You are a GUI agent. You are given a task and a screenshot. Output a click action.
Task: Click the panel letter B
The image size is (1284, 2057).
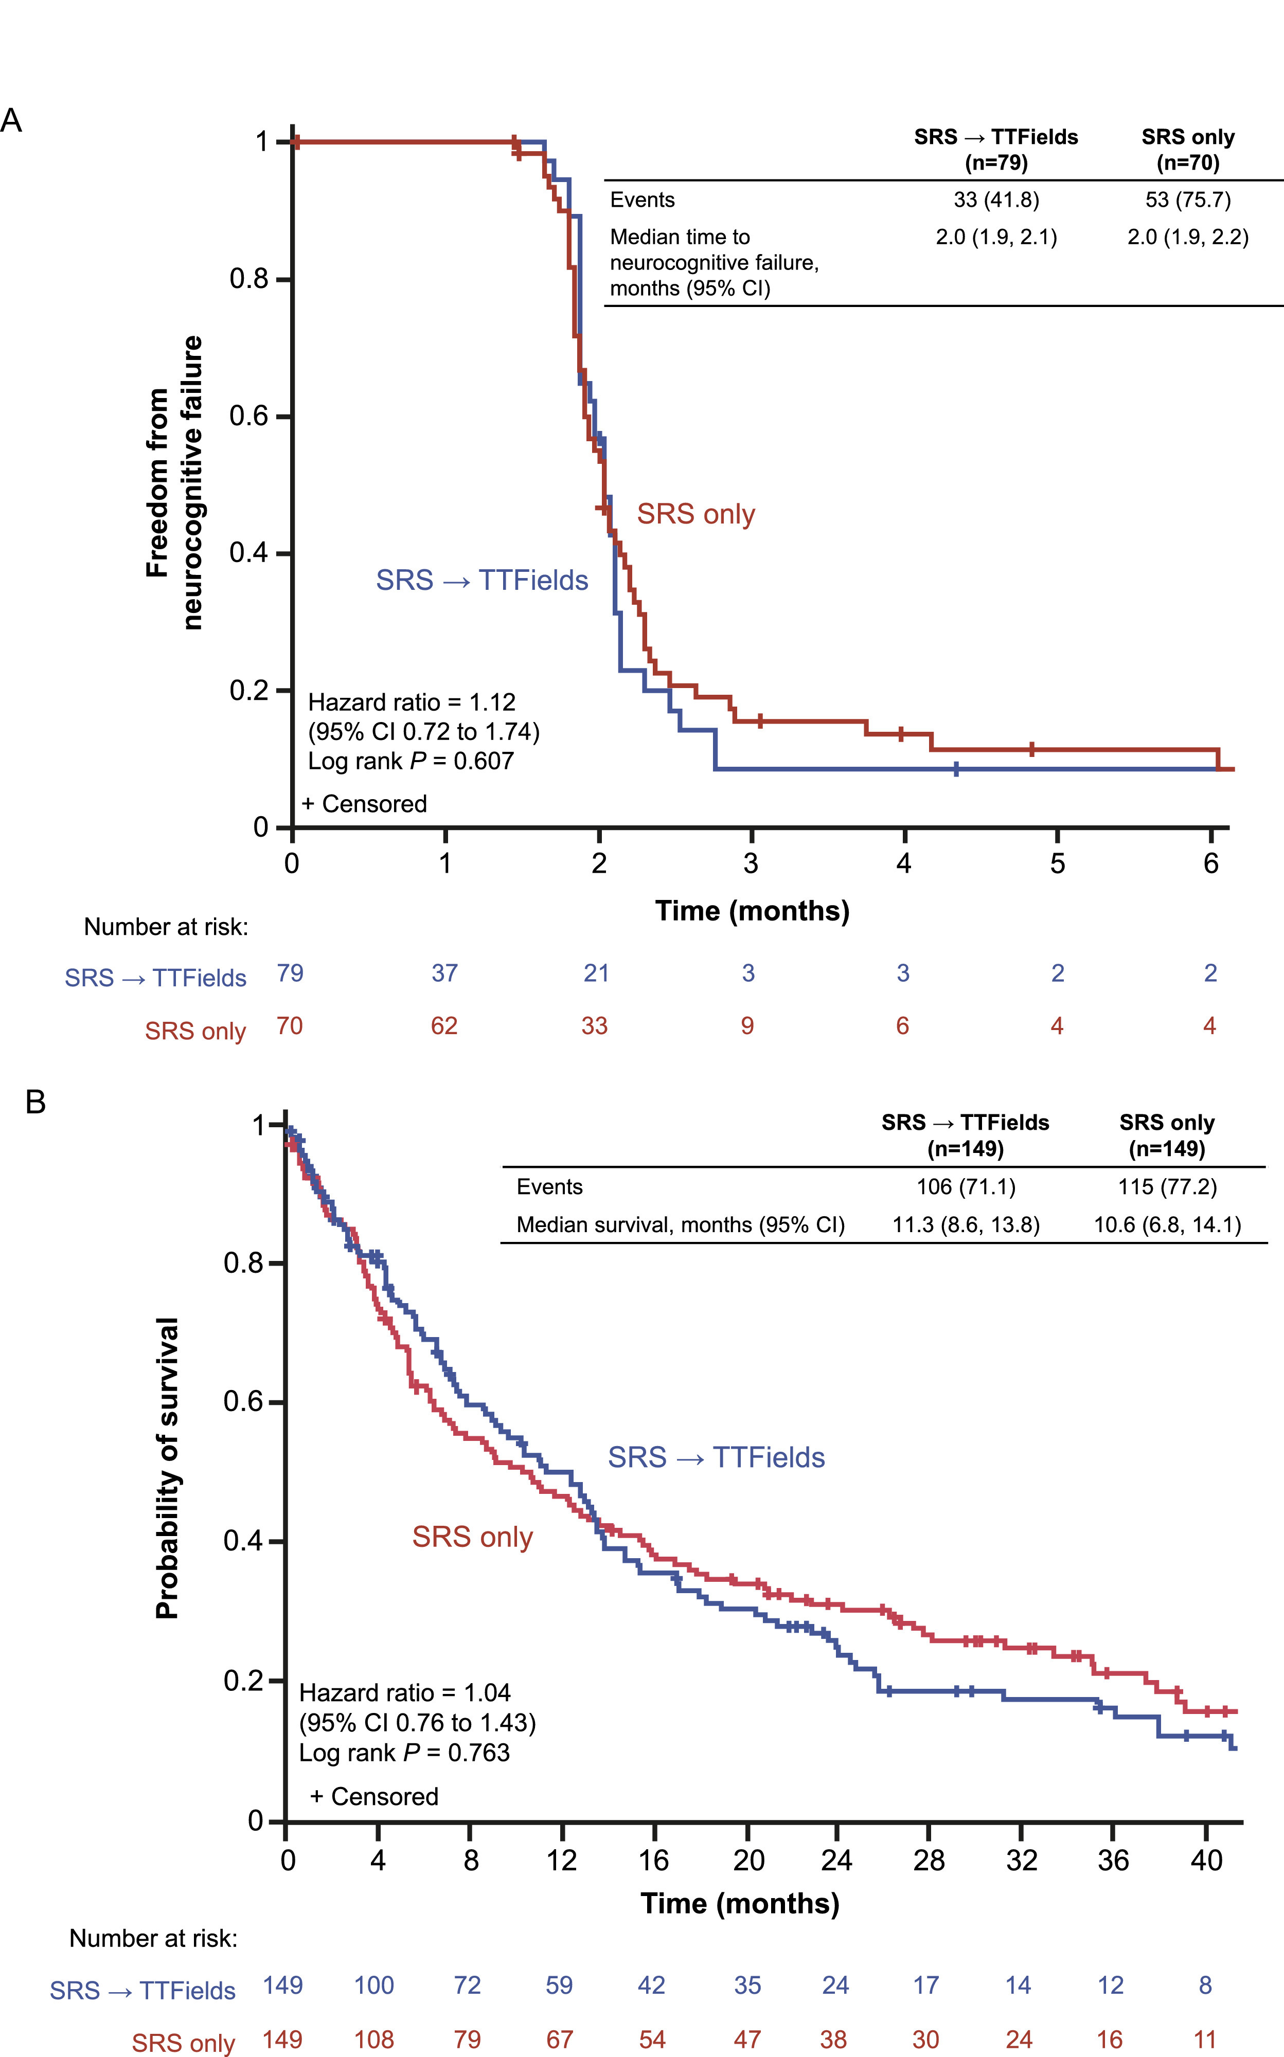click(x=35, y=1102)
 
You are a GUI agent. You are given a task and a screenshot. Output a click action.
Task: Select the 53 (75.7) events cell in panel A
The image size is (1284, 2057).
click(x=1187, y=200)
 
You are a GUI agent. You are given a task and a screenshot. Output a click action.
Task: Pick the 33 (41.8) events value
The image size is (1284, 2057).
click(x=996, y=200)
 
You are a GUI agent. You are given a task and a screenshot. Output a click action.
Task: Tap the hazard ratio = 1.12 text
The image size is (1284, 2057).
click(x=412, y=702)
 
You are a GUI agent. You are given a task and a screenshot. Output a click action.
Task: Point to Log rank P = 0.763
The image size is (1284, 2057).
click(x=404, y=1752)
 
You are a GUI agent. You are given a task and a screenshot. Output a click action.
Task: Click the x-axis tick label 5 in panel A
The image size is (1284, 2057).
click(x=1057, y=863)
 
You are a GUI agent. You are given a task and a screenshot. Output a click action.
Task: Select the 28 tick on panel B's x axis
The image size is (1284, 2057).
click(x=929, y=1860)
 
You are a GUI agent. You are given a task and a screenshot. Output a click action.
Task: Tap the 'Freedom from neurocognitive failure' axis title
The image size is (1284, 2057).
click(x=174, y=482)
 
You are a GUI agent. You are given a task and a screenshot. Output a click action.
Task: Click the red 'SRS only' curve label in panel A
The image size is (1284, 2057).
click(x=695, y=514)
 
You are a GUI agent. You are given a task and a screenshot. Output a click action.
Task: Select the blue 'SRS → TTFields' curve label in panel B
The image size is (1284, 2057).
click(x=716, y=1457)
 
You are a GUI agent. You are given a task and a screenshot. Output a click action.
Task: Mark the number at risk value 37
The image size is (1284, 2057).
click(x=444, y=973)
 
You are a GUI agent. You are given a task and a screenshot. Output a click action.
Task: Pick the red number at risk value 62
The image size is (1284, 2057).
click(x=443, y=1025)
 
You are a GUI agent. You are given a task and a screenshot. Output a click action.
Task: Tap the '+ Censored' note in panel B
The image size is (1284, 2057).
click(x=374, y=1796)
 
